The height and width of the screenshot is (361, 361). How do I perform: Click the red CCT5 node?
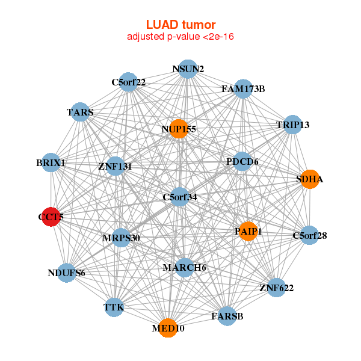51,218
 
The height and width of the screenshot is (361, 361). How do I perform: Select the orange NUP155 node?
178,129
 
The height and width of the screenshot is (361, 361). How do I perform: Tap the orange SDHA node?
309,179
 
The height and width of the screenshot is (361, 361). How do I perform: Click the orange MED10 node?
168,329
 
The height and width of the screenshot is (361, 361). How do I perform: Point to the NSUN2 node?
188,69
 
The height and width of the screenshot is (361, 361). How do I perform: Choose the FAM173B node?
242,89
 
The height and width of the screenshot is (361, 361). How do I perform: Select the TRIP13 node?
292,125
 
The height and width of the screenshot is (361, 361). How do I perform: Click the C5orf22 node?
128,82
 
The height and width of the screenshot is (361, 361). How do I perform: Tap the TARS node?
80,112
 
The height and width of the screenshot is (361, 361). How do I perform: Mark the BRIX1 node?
51,163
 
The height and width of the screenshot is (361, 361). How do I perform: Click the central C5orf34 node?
179,197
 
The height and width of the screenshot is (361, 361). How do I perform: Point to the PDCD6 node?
242,161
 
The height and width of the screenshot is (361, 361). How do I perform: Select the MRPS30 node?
122,238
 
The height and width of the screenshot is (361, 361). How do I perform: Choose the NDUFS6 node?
66,273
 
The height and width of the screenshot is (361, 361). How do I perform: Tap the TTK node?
114,307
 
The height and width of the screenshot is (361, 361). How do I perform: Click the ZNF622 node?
276,288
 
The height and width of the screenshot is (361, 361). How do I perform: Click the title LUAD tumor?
180,25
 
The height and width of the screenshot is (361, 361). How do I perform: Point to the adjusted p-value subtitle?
180,37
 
